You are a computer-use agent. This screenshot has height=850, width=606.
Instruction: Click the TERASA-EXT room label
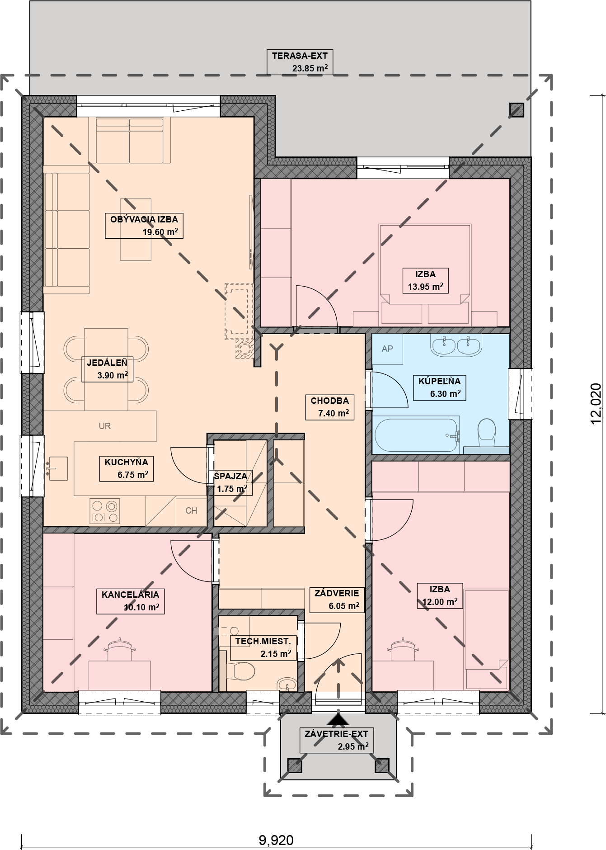coord(300,56)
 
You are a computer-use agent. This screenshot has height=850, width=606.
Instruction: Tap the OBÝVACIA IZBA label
coord(144,219)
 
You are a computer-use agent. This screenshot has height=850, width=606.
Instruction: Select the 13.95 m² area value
coord(425,286)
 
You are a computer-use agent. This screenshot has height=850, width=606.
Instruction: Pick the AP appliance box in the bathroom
coord(387,349)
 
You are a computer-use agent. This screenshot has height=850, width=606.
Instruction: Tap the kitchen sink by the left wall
coord(57,468)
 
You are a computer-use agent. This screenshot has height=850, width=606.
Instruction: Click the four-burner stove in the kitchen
coord(105,511)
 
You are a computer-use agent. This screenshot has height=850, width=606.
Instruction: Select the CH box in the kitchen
coord(191,511)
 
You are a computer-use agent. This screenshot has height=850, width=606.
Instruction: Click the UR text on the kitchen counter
coord(105,426)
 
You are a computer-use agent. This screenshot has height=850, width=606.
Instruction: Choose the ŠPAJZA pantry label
coord(230,476)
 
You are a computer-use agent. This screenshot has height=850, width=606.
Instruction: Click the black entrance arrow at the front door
coord(339,718)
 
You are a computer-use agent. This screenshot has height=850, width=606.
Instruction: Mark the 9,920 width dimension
coord(276,841)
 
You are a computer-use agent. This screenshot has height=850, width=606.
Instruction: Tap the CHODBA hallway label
coord(330,401)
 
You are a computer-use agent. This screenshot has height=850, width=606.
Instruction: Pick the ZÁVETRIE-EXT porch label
coord(337,734)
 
